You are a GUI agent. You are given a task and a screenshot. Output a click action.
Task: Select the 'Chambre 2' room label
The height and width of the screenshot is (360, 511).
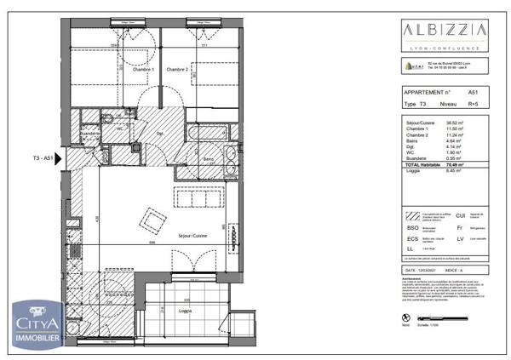point(176,70)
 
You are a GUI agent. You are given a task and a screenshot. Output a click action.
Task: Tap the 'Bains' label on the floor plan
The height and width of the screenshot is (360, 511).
point(208,159)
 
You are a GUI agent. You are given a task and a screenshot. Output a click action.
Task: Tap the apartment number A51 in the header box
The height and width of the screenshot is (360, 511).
point(473,91)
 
